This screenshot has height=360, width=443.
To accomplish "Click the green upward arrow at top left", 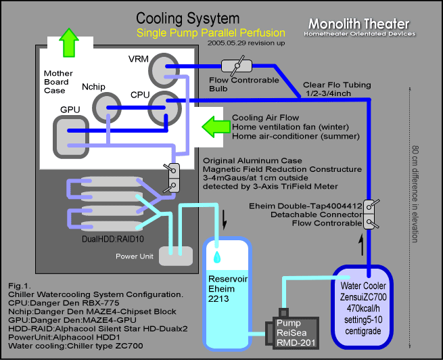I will (68, 43).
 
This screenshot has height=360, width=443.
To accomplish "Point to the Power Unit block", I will (174, 255).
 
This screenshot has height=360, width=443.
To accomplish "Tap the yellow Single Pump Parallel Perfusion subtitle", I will (210, 32).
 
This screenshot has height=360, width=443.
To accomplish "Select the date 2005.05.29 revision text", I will (239, 43).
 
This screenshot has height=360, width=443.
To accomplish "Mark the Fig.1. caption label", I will (20, 287).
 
